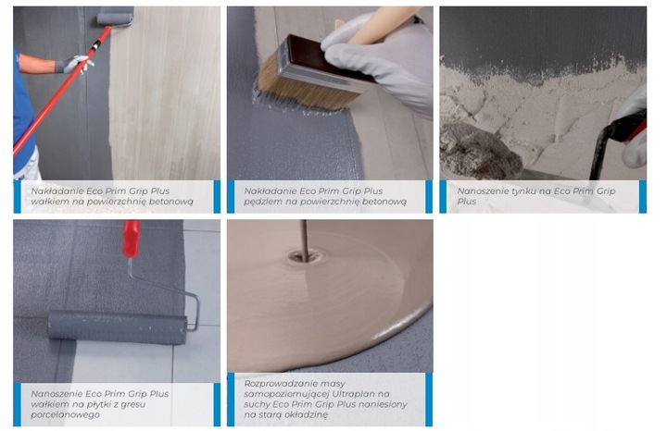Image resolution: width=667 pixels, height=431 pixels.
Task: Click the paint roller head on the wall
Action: (115, 18)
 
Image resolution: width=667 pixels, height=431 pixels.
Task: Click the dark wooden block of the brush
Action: (324, 62)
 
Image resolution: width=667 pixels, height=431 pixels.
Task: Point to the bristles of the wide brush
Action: (302, 90)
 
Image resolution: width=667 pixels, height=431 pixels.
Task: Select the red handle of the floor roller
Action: (131, 239)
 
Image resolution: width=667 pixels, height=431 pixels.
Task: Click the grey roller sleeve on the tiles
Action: (118, 327)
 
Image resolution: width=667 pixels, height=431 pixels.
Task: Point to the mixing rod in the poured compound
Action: (305, 240)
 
